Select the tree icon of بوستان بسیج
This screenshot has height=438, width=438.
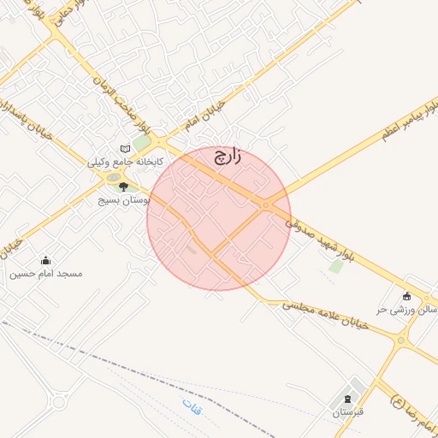[123, 186]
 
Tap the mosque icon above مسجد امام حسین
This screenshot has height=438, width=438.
[45, 261]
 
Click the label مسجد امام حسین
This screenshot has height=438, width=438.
[46, 274]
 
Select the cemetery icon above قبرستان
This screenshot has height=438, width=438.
[346, 399]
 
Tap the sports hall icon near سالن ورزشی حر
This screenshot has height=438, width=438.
[406, 296]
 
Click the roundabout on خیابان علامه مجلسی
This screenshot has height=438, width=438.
[400, 340]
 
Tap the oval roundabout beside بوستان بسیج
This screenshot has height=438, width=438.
[113, 178]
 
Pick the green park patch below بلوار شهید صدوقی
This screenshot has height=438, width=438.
[336, 266]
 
